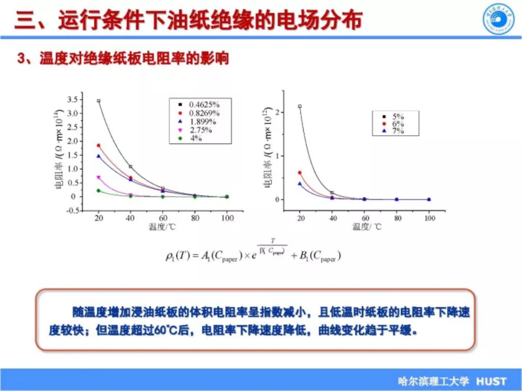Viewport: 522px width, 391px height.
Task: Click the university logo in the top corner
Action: pyautogui.click(x=498, y=19)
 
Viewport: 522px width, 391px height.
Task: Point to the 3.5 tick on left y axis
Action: pyautogui.click(x=72, y=99)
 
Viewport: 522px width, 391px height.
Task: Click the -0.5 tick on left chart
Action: pyautogui.click(x=72, y=211)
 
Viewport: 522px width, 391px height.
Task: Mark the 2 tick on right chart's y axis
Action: pyautogui.click(x=278, y=112)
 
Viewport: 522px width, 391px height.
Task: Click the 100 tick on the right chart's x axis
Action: pyautogui.click(x=430, y=218)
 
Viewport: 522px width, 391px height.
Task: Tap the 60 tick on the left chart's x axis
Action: pyautogui.click(x=163, y=218)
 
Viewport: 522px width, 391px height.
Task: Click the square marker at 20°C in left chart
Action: pyautogui.click(x=99, y=101)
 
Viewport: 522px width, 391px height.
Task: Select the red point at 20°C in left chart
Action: pyautogui.click(x=98, y=146)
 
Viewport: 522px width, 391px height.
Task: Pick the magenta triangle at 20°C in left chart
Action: pyautogui.click(x=98, y=177)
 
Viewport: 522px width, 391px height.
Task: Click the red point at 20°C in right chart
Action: pyautogui.click(x=300, y=173)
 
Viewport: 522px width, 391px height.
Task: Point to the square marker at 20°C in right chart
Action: pyautogui.click(x=300, y=106)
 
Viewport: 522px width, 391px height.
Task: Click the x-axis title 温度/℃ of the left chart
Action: pyautogui.click(x=162, y=227)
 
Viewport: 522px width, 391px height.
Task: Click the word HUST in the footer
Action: pyautogui.click(x=491, y=381)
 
